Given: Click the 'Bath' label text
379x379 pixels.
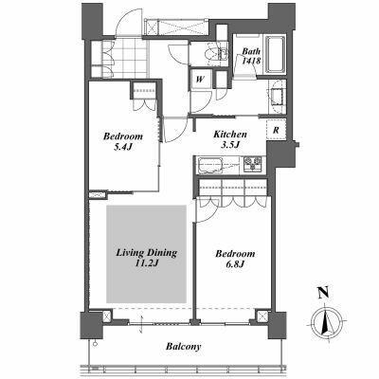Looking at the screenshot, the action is click(251, 51).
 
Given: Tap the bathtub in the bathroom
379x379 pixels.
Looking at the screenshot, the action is click(276, 54).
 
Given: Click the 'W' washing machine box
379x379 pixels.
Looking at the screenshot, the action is click(199, 79).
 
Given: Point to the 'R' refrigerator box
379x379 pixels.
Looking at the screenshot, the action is click(276, 130).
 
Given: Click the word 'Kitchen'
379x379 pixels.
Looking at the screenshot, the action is click(230, 135).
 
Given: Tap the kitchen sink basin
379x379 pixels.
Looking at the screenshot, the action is click(210, 166).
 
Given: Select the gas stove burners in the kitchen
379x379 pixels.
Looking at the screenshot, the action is click(253, 165).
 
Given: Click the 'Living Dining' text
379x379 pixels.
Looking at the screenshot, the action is click(146, 253).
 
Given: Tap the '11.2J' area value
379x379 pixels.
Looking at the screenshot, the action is click(146, 262).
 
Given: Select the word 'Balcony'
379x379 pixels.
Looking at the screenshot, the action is click(184, 347).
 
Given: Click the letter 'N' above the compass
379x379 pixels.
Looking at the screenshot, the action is click(323, 293).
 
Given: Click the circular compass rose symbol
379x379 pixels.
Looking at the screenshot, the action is click(326, 323).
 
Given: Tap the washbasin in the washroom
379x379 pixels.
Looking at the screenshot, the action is click(278, 96).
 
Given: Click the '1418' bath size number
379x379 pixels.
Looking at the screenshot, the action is click(251, 61).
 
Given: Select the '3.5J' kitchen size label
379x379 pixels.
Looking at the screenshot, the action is click(230, 145).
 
